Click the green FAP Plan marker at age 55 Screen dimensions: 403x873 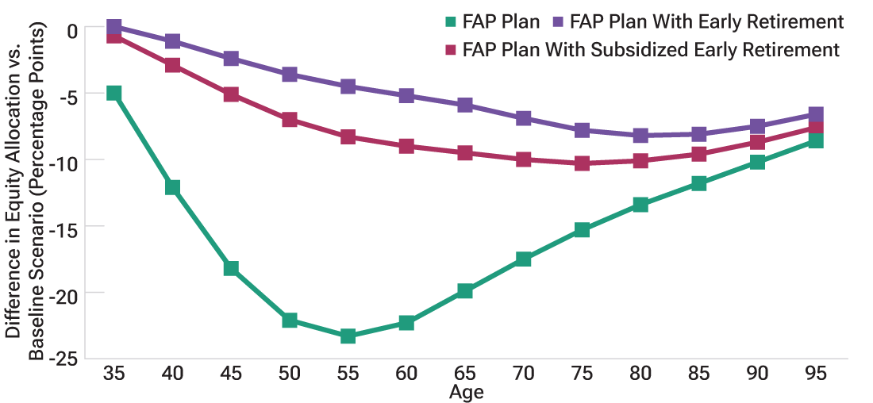point(348,336)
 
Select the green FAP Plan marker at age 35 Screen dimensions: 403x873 point(114,93)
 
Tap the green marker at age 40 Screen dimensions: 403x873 point(172,187)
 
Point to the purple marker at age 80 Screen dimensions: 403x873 point(640,135)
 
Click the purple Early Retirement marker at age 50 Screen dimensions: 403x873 point(290,75)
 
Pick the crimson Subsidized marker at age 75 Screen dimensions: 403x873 point(582,163)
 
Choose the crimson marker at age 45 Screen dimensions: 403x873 point(231,94)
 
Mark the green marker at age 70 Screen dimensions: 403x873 point(523,259)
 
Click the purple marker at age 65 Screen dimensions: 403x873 point(465,105)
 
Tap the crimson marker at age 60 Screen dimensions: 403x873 point(406,146)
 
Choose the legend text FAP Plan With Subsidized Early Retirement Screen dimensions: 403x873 point(651,50)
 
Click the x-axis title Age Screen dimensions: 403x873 point(466,393)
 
